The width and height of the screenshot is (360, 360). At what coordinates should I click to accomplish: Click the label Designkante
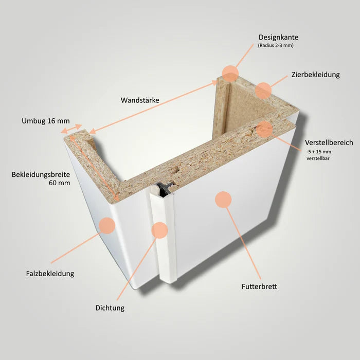click(278, 37)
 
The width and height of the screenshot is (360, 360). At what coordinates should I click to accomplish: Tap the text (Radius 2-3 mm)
click(276, 45)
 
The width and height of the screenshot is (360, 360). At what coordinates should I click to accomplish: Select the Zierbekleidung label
click(315, 75)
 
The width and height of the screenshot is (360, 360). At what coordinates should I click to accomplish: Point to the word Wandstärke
click(140, 100)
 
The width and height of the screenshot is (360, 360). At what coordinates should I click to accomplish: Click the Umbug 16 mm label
click(46, 121)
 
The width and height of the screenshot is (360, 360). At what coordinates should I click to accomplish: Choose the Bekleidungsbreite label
click(41, 174)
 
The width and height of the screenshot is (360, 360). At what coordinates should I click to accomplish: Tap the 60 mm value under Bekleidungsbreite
click(60, 183)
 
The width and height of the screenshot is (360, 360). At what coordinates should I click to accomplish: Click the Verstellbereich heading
click(329, 142)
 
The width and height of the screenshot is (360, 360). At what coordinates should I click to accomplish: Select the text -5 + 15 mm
click(319, 152)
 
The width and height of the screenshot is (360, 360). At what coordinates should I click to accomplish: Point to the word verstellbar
click(318, 158)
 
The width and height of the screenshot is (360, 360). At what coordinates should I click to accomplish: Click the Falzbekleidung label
click(50, 274)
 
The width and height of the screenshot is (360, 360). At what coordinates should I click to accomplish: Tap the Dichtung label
click(110, 308)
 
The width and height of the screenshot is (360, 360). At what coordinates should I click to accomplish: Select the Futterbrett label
click(259, 286)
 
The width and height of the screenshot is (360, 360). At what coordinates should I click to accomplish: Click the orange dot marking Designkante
click(230, 74)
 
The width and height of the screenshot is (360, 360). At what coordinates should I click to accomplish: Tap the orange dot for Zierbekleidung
click(263, 91)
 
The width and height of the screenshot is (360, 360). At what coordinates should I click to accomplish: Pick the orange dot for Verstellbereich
click(264, 129)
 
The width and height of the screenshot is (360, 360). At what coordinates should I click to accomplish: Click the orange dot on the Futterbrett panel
click(223, 200)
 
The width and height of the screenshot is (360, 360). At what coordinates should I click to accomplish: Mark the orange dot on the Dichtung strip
click(159, 230)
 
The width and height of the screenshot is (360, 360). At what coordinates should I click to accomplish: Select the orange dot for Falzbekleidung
click(107, 225)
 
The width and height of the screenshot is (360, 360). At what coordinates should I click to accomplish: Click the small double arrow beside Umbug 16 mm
click(71, 129)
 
